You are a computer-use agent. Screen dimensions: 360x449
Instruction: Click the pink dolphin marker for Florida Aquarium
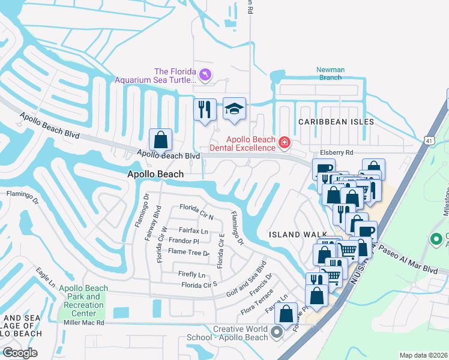[206, 74]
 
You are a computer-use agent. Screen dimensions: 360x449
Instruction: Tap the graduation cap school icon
[235, 109]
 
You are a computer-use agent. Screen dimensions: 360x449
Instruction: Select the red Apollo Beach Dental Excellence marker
[284, 143]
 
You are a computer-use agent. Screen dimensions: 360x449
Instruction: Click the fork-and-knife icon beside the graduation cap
[205, 110]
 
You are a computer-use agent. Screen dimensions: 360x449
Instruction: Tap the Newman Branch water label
[331, 73]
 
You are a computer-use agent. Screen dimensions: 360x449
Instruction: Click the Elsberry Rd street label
[337, 152]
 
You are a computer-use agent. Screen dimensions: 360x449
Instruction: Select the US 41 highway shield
[428, 140]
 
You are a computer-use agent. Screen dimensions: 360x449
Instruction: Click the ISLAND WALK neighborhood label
[298, 234]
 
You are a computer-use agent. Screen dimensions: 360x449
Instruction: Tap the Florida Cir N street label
[197, 208]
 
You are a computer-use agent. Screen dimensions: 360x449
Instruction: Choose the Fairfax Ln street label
[193, 230]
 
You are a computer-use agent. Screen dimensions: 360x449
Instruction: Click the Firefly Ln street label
[192, 274]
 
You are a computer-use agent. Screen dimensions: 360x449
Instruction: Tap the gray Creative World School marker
[277, 331]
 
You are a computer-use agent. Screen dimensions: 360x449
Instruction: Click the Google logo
[20, 353]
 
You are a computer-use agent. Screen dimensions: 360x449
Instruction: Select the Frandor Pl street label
[184, 241]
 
